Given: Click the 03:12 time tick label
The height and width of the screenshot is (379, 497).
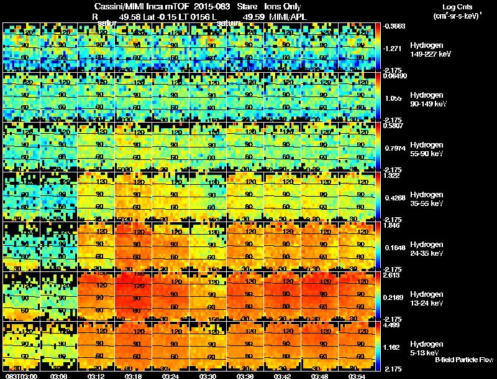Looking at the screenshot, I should coord(97,376).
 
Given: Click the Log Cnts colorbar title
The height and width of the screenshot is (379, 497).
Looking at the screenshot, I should coord(457,7).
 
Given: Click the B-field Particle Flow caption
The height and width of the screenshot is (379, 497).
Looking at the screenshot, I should coord(463,360).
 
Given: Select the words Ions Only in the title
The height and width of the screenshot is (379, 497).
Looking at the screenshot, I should coord(283,7).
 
